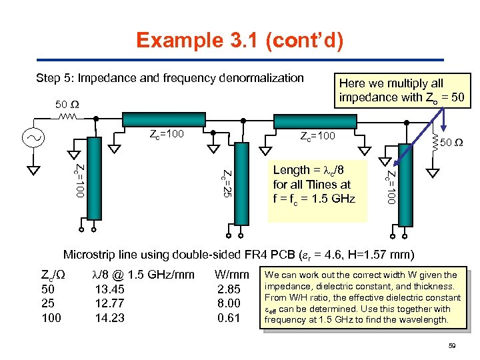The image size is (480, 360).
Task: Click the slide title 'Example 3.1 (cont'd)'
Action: click(x=240, y=41)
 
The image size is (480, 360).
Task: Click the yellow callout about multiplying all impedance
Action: click(x=405, y=90)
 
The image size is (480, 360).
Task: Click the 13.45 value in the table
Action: click(x=110, y=289)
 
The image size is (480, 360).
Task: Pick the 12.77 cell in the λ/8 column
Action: click(x=110, y=303)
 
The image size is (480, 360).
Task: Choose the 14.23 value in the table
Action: click(x=110, y=318)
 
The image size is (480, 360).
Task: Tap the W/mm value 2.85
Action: click(x=229, y=289)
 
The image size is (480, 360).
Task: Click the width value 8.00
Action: click(x=229, y=303)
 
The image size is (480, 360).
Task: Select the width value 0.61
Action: click(x=229, y=318)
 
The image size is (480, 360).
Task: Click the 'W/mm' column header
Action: click(x=231, y=275)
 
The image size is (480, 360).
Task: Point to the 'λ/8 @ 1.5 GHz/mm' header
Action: click(x=143, y=275)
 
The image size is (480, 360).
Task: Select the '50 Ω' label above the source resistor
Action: click(x=67, y=105)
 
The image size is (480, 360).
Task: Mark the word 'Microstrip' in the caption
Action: click(x=89, y=255)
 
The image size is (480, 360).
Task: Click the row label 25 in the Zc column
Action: click(x=48, y=303)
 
